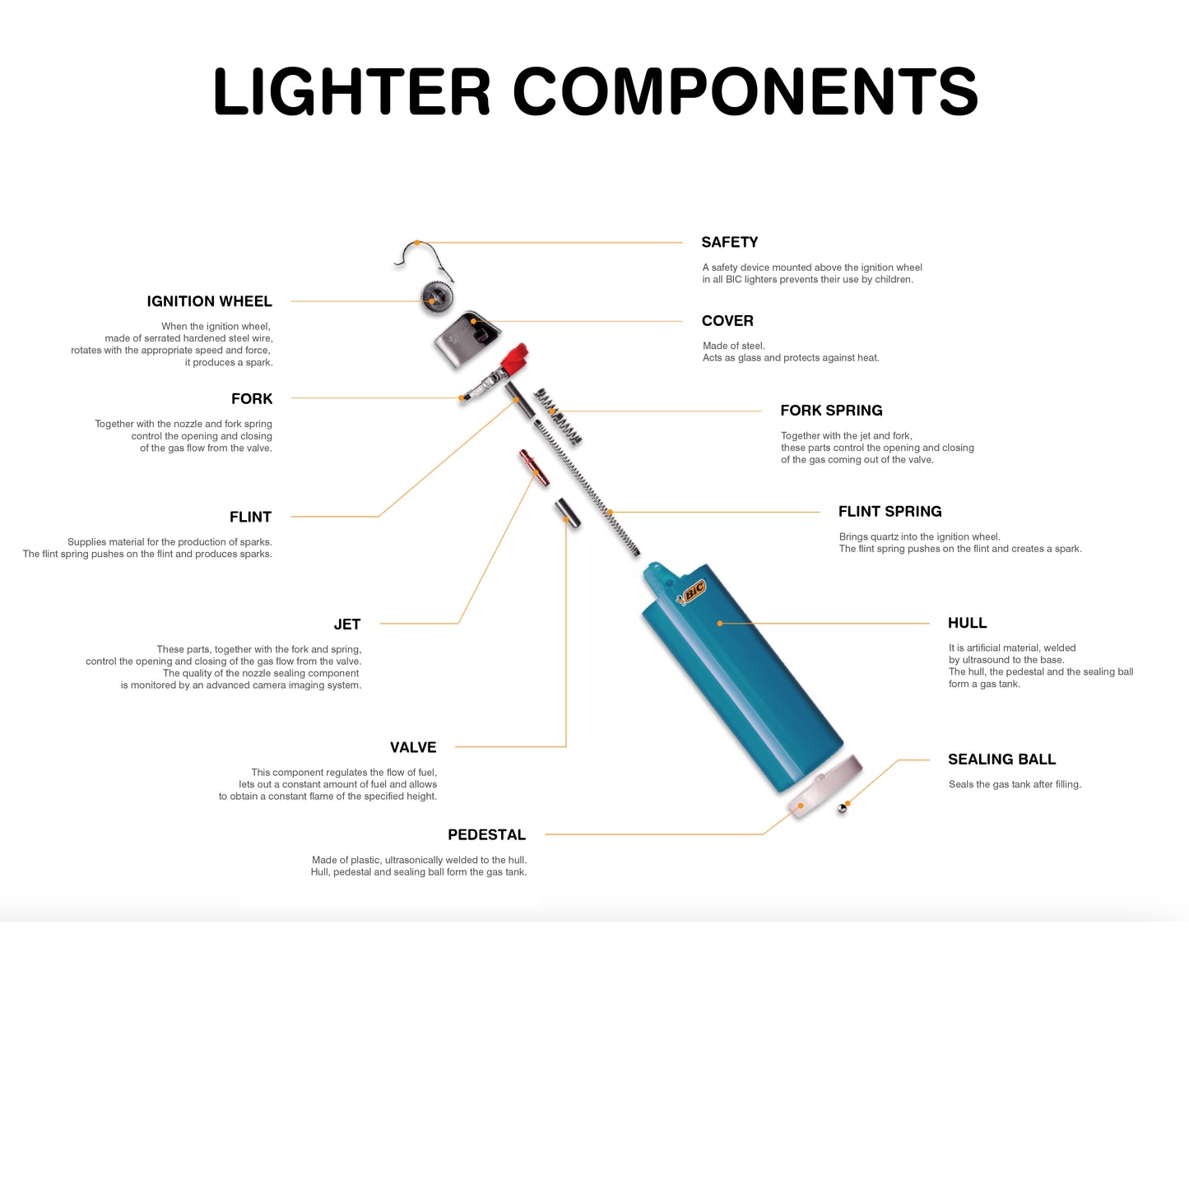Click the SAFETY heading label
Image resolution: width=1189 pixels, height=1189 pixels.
pos(729,242)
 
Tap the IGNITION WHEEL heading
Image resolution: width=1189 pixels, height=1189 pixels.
pos(209,301)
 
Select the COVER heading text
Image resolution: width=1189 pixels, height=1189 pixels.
pos(727,321)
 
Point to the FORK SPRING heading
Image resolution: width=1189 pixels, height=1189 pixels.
pos(831,411)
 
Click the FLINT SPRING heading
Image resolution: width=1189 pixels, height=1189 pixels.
pos(889,512)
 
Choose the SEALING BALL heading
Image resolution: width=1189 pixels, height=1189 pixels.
pos(1001,759)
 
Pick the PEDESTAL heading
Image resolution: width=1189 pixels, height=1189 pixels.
pos(486,834)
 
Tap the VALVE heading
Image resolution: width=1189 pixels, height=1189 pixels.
pos(413,747)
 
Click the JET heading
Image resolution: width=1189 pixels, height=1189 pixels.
pos(347,624)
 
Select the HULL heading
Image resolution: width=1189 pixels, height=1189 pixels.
pos(967,623)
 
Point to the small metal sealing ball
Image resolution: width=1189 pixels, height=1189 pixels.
pos(842,809)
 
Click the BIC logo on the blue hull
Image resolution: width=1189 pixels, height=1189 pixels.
pos(692,592)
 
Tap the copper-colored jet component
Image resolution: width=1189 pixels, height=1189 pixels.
pos(533,467)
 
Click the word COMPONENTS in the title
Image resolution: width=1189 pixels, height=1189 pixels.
pos(745,91)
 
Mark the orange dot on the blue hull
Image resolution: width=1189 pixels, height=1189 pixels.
pos(719,623)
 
